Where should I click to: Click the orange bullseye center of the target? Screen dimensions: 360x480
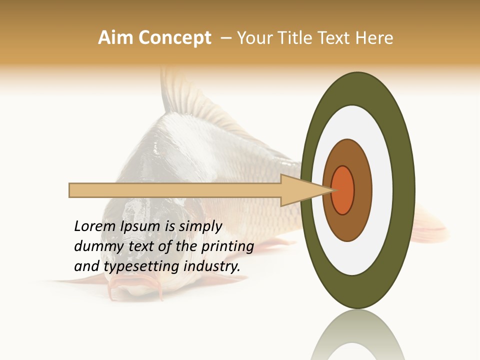tap(343, 190)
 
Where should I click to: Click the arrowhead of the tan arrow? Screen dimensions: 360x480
tap(305, 190)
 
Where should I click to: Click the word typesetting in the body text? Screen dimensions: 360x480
tap(141, 267)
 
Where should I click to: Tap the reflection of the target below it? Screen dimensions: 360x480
tap(358, 335)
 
